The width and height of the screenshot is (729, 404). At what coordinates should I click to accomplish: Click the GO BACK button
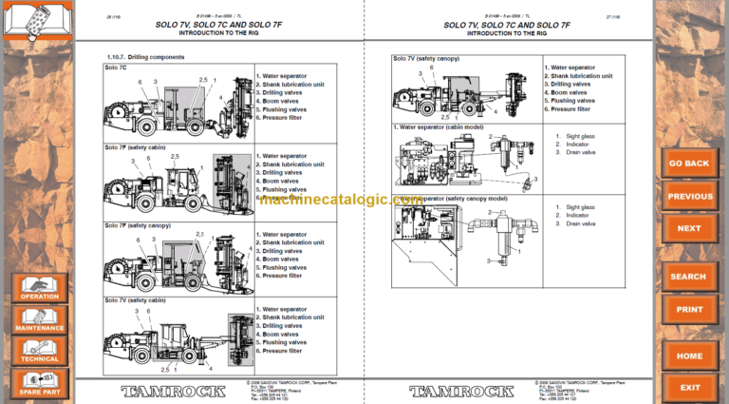coord(689,164)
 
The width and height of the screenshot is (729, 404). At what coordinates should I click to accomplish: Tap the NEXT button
coord(689,228)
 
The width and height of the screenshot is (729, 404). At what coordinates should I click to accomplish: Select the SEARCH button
coord(689,277)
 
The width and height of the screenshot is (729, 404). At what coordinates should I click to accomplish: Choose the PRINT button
coord(689,309)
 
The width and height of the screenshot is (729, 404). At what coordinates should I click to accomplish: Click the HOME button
coord(689,356)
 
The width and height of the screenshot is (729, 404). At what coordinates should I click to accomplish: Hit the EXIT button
coord(689,387)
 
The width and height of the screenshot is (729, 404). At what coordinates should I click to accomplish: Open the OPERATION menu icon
coord(40,288)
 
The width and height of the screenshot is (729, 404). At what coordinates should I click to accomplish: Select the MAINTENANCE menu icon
coord(40,319)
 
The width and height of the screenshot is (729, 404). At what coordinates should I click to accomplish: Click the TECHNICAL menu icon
coord(40,351)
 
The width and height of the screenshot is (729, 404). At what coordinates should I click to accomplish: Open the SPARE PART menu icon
coord(40,383)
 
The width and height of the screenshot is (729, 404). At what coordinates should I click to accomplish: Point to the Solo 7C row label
coord(118,67)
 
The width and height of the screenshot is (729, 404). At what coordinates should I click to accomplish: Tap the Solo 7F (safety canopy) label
coord(139,225)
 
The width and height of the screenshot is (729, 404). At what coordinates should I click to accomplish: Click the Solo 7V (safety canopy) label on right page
coord(426,58)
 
